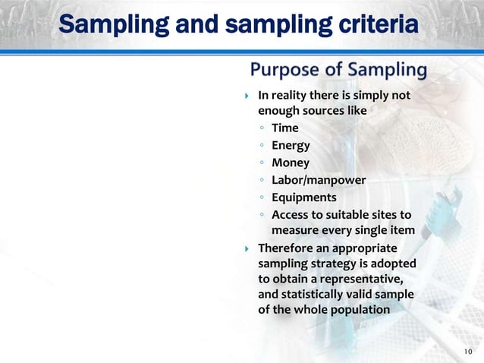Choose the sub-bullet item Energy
pyautogui.click(x=291, y=145)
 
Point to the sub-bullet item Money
pyautogui.click(x=291, y=163)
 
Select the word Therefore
pyautogui.click(x=286, y=248)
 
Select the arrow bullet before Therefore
pyautogui.click(x=247, y=248)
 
